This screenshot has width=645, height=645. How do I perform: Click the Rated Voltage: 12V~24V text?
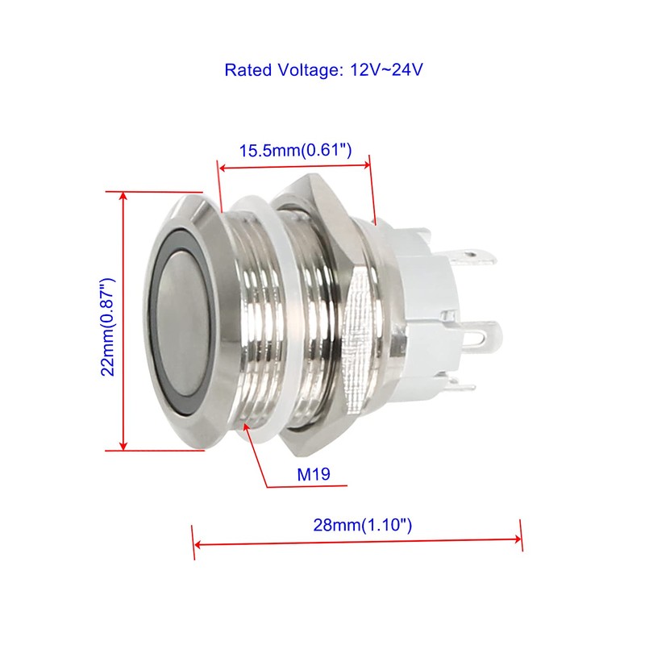coord(323,70)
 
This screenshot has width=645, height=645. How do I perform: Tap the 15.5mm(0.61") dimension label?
coord(295,150)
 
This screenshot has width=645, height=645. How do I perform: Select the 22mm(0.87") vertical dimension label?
coord(108,327)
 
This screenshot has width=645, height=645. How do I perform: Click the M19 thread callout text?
coord(314,474)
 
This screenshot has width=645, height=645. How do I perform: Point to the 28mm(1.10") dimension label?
coord(362,525)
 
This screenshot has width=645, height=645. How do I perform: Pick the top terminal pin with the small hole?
coord(473,257)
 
